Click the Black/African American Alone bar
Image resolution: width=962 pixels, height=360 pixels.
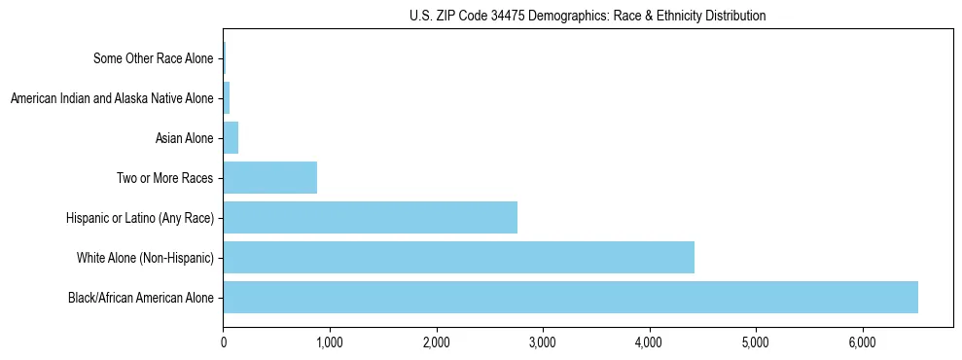tap(570, 297)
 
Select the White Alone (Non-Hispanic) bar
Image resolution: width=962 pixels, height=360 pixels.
tap(458, 257)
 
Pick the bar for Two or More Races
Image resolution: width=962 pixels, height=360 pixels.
tap(269, 177)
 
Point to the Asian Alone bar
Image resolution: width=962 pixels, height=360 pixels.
tap(231, 137)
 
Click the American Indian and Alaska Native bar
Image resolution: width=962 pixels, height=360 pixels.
tap(227, 97)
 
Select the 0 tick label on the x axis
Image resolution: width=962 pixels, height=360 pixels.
tap(224, 342)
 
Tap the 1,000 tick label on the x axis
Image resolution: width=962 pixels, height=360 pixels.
tap(330, 342)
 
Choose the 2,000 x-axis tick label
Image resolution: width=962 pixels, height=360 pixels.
tap(437, 342)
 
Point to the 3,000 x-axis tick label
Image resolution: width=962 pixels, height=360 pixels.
tap(543, 342)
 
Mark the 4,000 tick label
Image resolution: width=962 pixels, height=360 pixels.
tap(650, 342)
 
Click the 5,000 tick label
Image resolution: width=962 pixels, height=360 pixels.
tap(756, 342)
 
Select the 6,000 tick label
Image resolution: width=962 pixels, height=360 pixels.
tap(863, 342)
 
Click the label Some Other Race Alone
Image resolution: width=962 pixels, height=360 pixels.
tap(153, 58)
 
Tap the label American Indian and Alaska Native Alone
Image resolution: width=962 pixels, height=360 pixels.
tap(111, 98)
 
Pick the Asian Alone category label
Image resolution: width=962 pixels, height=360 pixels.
tap(184, 138)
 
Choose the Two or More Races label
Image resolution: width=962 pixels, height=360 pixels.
tap(163, 178)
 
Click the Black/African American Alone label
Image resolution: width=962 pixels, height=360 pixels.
tap(140, 298)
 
